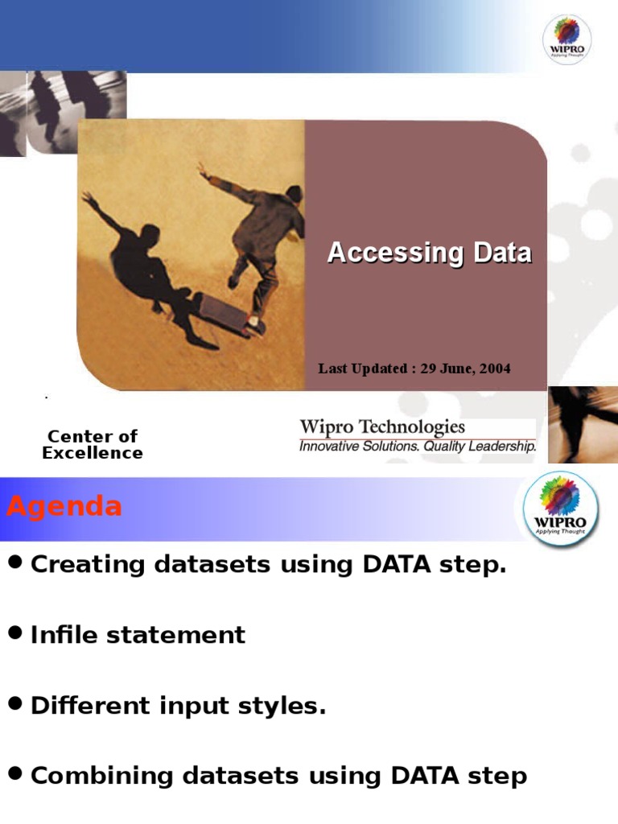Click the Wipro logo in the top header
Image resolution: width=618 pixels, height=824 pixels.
(x=566, y=39)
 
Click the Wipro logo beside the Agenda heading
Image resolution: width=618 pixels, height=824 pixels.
(x=560, y=509)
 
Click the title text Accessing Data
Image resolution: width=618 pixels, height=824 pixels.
(x=430, y=253)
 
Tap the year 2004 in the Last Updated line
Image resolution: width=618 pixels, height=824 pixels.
(x=495, y=369)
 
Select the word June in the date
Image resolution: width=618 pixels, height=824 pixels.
(x=455, y=369)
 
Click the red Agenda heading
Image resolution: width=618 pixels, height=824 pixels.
(x=64, y=507)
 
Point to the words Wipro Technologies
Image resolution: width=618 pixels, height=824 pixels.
(x=382, y=426)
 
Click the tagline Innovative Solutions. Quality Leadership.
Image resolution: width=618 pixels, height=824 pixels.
(x=418, y=446)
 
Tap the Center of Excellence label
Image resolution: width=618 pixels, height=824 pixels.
(x=93, y=444)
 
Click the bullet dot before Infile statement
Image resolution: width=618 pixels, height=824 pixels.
(x=15, y=632)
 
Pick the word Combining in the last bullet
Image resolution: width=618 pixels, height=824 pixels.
(x=101, y=777)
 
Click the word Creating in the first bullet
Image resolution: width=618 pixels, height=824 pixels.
(x=87, y=564)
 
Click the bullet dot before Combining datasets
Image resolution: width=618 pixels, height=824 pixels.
(x=15, y=773)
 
